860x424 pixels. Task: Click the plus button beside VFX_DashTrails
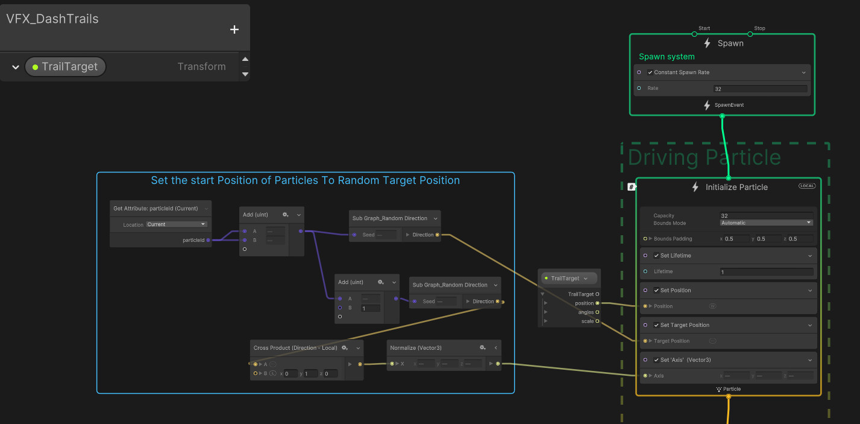[234, 30]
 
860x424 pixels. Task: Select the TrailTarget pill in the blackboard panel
[65, 66]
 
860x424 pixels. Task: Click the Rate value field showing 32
[759, 89]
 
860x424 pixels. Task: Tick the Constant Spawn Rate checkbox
[651, 72]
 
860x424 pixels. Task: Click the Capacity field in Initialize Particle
[765, 215]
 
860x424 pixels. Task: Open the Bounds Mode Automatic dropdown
[766, 223]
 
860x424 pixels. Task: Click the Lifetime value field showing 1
[765, 272]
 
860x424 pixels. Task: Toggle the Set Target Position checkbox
[656, 325]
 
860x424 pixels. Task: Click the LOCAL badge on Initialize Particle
[806, 186]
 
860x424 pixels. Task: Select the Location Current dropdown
[176, 224]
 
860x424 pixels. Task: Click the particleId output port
[208, 240]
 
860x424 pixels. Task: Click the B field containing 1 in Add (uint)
[370, 308]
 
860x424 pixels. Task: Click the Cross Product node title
[294, 348]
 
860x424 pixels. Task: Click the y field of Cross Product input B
[310, 374]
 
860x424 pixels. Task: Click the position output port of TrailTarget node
[597, 303]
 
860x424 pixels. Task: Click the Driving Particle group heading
[704, 157]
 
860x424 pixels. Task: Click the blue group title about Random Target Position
[305, 180]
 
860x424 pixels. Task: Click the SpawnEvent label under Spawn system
[729, 105]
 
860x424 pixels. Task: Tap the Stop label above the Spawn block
[759, 28]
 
